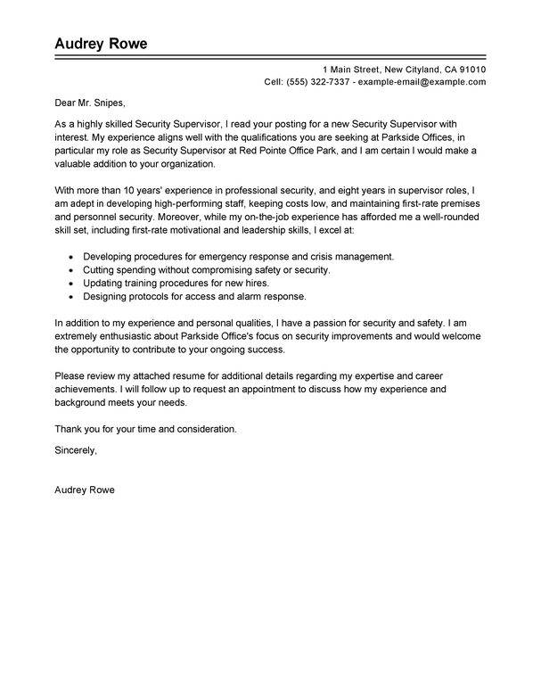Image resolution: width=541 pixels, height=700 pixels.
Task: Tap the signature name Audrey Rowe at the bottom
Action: click(85, 490)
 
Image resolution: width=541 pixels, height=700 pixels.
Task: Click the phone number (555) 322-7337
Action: click(318, 81)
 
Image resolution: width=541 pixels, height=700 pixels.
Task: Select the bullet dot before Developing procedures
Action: click(70, 257)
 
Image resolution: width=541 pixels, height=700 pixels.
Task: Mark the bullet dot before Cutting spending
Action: click(70, 269)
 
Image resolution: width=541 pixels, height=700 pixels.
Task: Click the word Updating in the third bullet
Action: click(102, 283)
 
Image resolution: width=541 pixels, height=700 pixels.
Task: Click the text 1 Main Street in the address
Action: click(352, 70)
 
